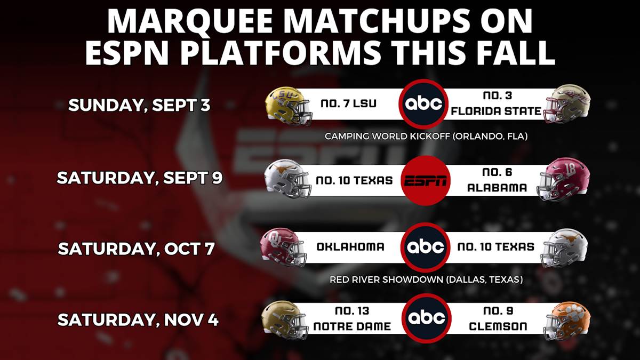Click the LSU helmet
pos(289,107)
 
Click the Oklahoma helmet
pos(283,247)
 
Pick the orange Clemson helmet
pos(567,322)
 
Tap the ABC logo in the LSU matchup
pos(423,104)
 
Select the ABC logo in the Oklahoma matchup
pos(426,247)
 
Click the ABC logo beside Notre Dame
pos(427,318)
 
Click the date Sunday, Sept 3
pos(139,106)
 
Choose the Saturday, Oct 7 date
pos(137,249)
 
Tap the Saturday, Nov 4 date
pos(138,319)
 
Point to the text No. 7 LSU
pos(349,103)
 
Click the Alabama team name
pos(497,187)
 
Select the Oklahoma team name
pos(350,247)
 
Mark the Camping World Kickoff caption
pos(426,137)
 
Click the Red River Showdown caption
pos(426,279)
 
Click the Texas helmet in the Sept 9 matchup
pos(287,179)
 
